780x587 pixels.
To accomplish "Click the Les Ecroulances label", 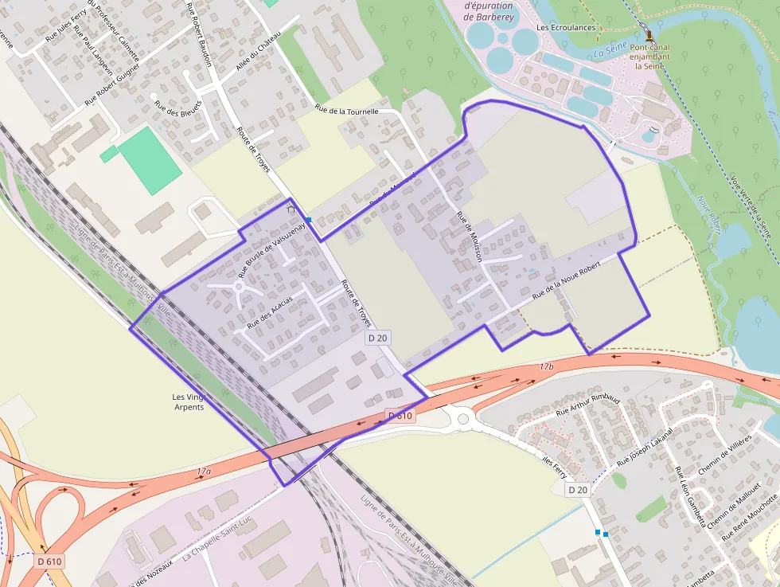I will (x=566, y=27).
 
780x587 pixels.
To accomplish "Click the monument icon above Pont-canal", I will (x=650, y=35).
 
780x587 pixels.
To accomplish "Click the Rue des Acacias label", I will (x=270, y=312).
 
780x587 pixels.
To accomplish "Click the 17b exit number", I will (x=545, y=366).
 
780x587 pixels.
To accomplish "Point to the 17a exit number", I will (x=204, y=472).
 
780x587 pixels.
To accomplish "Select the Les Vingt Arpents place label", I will (x=188, y=401).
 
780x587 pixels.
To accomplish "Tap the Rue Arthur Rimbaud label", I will (x=587, y=401).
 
